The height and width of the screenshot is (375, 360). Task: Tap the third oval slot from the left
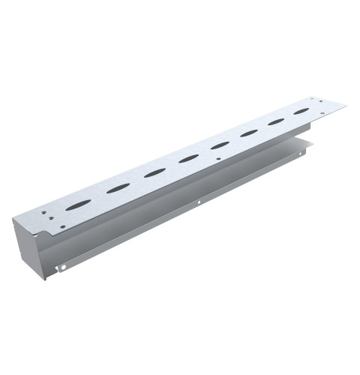tap(155, 172)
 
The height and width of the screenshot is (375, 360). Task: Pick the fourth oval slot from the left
tap(189, 158)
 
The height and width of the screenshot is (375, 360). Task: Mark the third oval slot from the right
tap(249, 133)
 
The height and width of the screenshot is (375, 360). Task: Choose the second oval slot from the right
tap(276, 121)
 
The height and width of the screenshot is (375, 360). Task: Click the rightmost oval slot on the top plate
tap(301, 111)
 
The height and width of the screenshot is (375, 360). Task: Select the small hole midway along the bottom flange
tap(198, 202)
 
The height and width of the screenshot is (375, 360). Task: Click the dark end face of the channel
tap(28, 240)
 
